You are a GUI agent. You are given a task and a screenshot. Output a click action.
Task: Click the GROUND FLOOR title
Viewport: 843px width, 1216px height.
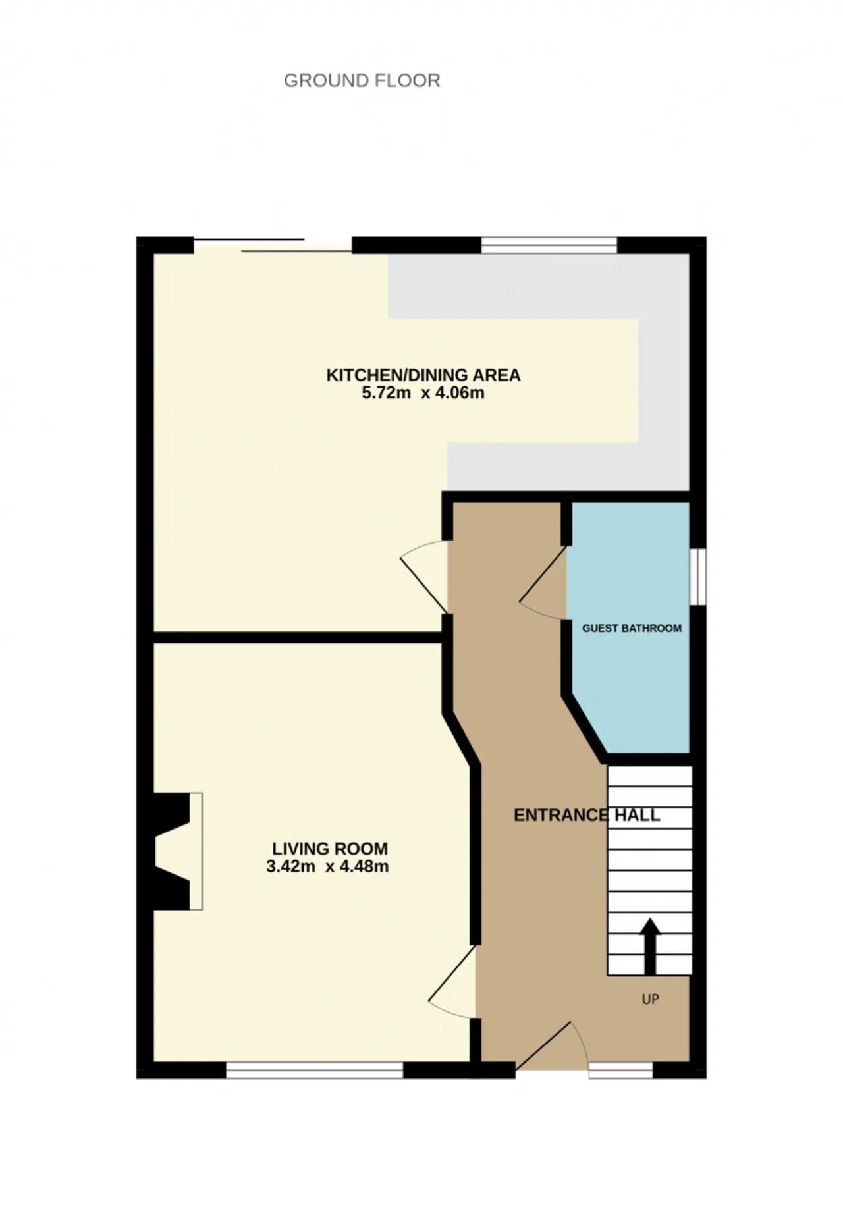click(x=362, y=80)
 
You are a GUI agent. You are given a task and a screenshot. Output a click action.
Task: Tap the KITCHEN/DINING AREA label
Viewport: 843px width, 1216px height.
click(x=423, y=375)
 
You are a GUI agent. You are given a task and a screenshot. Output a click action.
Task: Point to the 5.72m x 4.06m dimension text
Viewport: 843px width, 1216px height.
click(x=423, y=393)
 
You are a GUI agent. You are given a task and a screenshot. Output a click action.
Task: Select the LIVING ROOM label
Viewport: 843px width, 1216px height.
click(x=330, y=849)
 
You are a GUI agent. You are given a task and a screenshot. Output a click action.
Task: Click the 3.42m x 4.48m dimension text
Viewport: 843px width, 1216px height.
click(x=327, y=866)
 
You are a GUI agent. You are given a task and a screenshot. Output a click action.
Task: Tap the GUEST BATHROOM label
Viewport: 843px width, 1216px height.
click(x=632, y=628)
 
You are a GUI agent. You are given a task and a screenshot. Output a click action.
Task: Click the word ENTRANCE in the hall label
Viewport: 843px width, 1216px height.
click(x=561, y=815)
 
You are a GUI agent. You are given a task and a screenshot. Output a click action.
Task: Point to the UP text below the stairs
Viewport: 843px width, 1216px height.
click(x=650, y=999)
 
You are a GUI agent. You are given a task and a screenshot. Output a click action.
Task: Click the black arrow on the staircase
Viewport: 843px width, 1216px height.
click(x=650, y=946)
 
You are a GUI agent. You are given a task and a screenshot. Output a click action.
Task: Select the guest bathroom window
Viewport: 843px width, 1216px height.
click(x=698, y=577)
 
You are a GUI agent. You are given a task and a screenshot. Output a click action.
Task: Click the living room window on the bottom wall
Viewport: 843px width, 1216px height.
click(x=315, y=1070)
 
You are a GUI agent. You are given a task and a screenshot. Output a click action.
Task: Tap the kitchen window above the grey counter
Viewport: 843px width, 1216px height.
click(x=549, y=245)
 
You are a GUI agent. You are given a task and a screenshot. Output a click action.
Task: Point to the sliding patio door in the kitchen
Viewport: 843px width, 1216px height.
click(x=273, y=245)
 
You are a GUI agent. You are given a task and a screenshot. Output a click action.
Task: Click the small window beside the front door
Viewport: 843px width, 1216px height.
click(x=620, y=1070)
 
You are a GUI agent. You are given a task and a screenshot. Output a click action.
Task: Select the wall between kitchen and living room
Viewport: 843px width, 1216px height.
click(x=298, y=637)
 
